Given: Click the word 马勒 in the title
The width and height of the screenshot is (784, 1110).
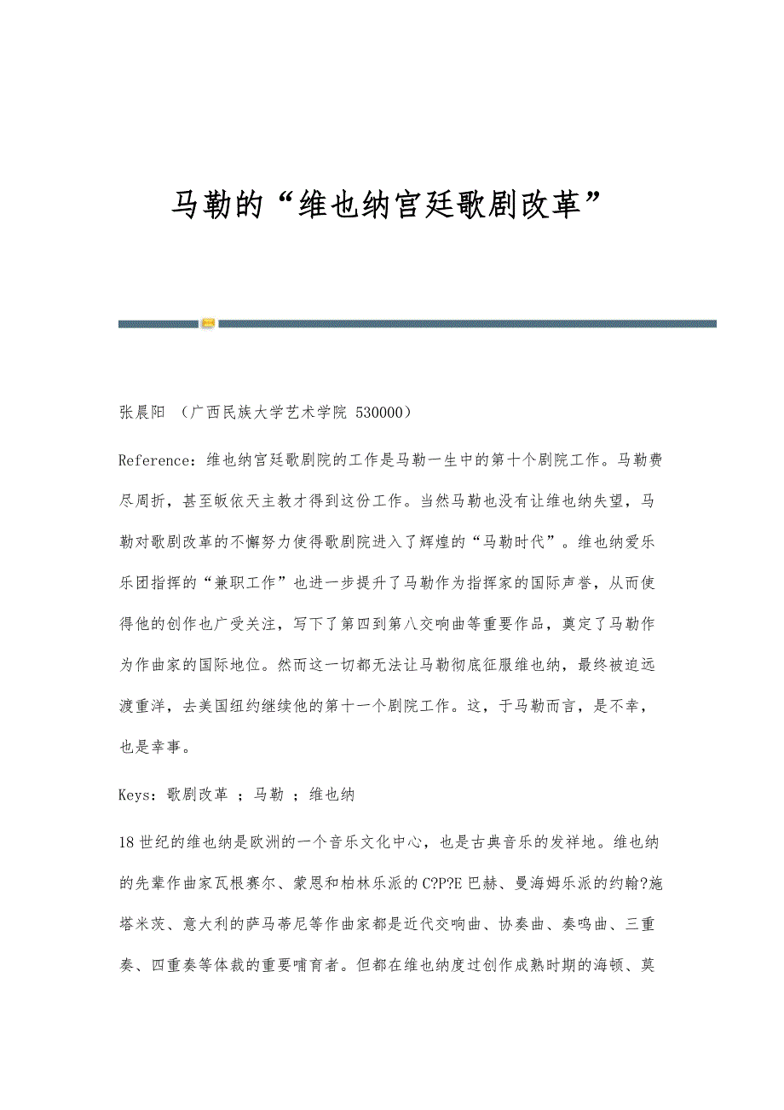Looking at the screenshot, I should [x=202, y=205].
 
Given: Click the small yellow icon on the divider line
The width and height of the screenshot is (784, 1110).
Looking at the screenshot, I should [x=208, y=323].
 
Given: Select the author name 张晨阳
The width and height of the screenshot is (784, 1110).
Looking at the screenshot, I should [x=141, y=413].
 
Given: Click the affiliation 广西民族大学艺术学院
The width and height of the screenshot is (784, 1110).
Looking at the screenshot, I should [x=268, y=413].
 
